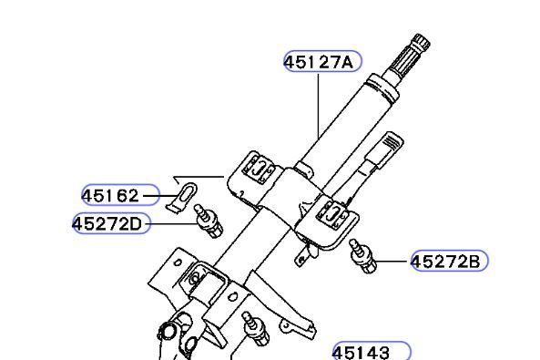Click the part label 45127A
pyautogui.click(x=320, y=62)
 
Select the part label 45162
pyautogui.click(x=110, y=196)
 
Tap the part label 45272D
pyautogui.click(x=107, y=224)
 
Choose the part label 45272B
pyautogui.click(x=446, y=262)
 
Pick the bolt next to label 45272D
pyautogui.click(x=208, y=221)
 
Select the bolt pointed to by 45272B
pyautogui.click(x=362, y=256)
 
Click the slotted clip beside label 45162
pyautogui.click(x=182, y=197)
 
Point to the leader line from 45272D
pyautogui.click(x=174, y=224)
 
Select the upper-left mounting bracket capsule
pyautogui.click(x=258, y=168)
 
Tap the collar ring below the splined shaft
pyautogui.click(x=383, y=88)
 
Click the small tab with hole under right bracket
pyautogui.click(x=301, y=258)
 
